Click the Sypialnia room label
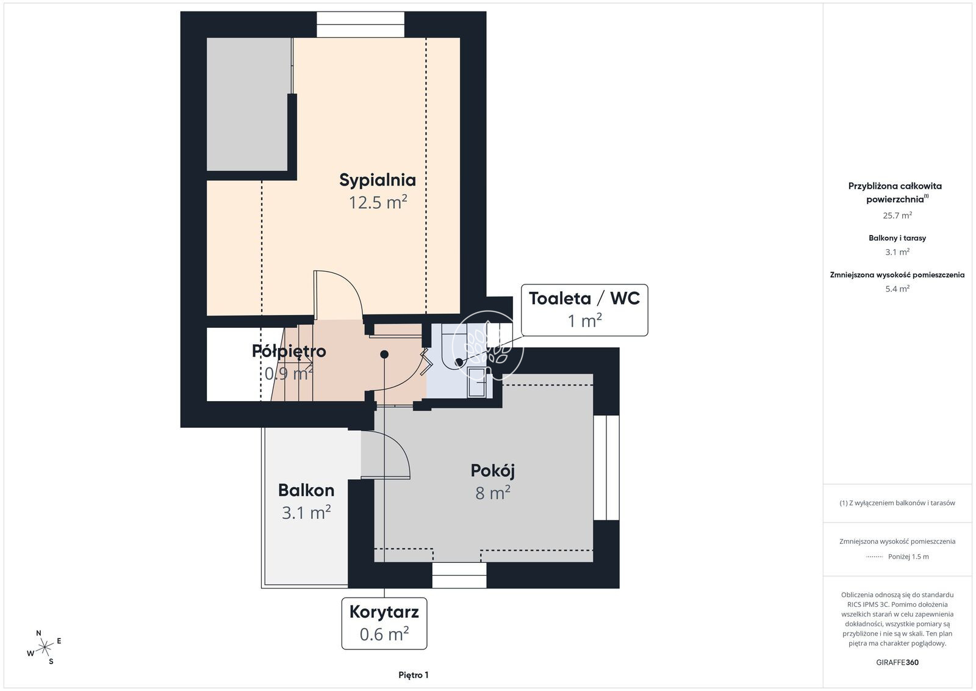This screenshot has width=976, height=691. point(378,180)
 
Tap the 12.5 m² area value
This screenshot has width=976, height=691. point(378,203)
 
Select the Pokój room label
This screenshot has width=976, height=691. point(492,471)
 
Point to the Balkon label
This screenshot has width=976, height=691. point(306,490)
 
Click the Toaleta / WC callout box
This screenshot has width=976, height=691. point(584,310)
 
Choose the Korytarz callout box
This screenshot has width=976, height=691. point(384,623)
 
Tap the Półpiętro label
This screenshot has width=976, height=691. point(289,352)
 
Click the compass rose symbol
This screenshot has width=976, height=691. point(45,648)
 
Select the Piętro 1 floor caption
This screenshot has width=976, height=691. point(414,675)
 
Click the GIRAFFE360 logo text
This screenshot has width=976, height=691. point(897,662)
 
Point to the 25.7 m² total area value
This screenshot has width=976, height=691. point(897,215)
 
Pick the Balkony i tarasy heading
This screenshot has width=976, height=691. point(897,238)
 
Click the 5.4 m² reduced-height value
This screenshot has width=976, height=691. point(897,289)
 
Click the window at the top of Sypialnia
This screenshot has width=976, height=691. point(361,24)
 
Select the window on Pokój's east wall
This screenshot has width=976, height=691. point(606,468)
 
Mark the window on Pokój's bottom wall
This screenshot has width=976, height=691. point(459,575)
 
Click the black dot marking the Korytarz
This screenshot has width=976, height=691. point(384,355)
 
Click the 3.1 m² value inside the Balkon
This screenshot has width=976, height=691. point(306,513)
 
